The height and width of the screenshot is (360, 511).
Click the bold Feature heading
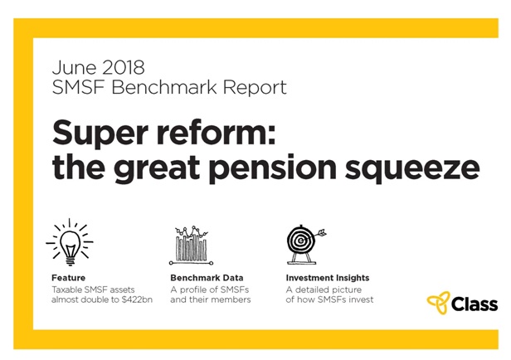point(68,278)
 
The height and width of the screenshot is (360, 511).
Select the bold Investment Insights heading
point(328,278)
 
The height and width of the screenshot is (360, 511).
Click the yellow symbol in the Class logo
point(438,304)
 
